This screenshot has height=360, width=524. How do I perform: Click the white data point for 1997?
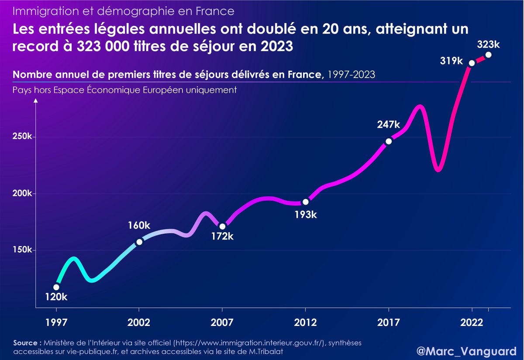coord(56,287)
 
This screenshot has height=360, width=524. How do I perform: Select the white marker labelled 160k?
coord(139,242)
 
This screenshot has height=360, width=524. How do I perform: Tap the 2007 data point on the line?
coord(222,226)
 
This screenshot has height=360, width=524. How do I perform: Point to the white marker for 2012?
coord(305,202)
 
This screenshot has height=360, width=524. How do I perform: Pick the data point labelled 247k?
coord(389,141)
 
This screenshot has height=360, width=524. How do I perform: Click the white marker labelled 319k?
coord(472,63)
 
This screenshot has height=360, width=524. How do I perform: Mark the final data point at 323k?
coord(488,55)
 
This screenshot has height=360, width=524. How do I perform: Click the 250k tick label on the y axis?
coord(22,137)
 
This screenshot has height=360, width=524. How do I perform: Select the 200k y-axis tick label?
coord(22,194)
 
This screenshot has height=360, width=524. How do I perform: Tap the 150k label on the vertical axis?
coord(22,250)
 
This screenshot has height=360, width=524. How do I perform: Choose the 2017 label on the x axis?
coord(389,323)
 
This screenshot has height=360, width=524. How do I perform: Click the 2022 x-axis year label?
coord(472,323)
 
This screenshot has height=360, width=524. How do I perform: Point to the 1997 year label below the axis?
coord(56,323)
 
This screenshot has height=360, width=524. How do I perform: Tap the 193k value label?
coord(305,215)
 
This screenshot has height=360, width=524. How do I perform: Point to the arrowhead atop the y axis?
coord(36,101)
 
